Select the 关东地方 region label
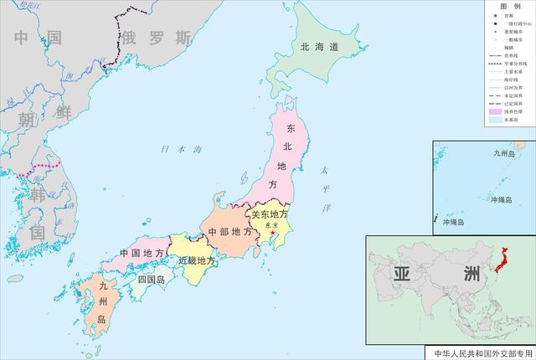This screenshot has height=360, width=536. (x=271, y=214)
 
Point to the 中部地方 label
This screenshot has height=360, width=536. (x=230, y=232)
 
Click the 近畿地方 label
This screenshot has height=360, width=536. (x=198, y=260)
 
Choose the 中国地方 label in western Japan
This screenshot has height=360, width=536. (x=142, y=252)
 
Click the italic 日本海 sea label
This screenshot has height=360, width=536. (x=183, y=150)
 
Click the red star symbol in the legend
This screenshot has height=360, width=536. (x=493, y=16)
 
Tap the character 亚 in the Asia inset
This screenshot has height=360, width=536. (x=403, y=274)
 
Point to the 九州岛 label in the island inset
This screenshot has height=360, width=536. (x=502, y=153)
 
